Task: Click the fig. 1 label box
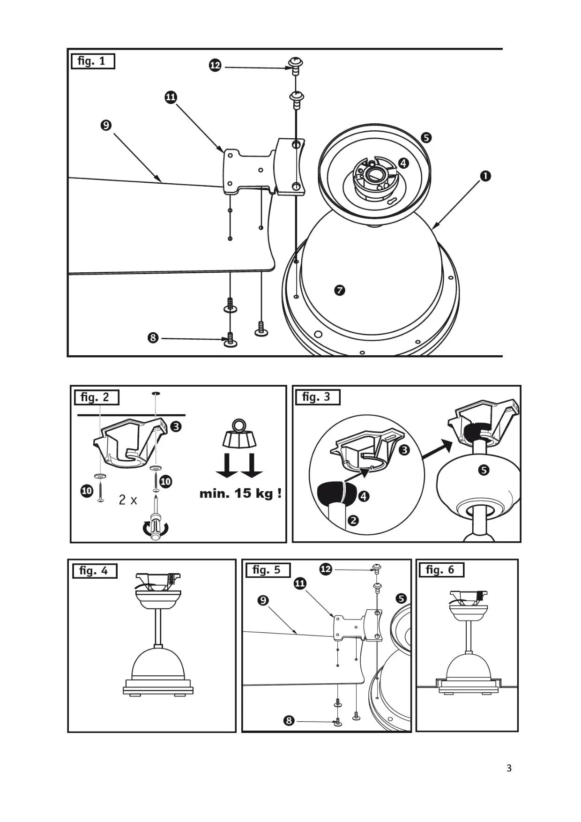coord(92,61)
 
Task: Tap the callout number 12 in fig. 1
coord(215,66)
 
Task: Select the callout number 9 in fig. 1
coord(106,126)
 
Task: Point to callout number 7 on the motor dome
coord(340,291)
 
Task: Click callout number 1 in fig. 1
coord(485,176)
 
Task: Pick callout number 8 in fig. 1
coord(153,338)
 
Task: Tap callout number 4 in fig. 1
coord(403,163)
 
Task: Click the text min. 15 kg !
coord(240,493)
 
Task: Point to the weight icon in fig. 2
coord(239,434)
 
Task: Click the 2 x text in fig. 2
coord(127,500)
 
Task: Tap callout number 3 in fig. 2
coord(176,426)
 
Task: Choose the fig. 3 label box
coord(317,397)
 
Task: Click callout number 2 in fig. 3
coord(353,520)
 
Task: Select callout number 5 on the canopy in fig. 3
coord(484,470)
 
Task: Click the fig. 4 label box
coord(94,571)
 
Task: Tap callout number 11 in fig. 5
coord(300,583)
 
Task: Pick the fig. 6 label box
coord(440,570)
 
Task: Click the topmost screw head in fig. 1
coord(296,62)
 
